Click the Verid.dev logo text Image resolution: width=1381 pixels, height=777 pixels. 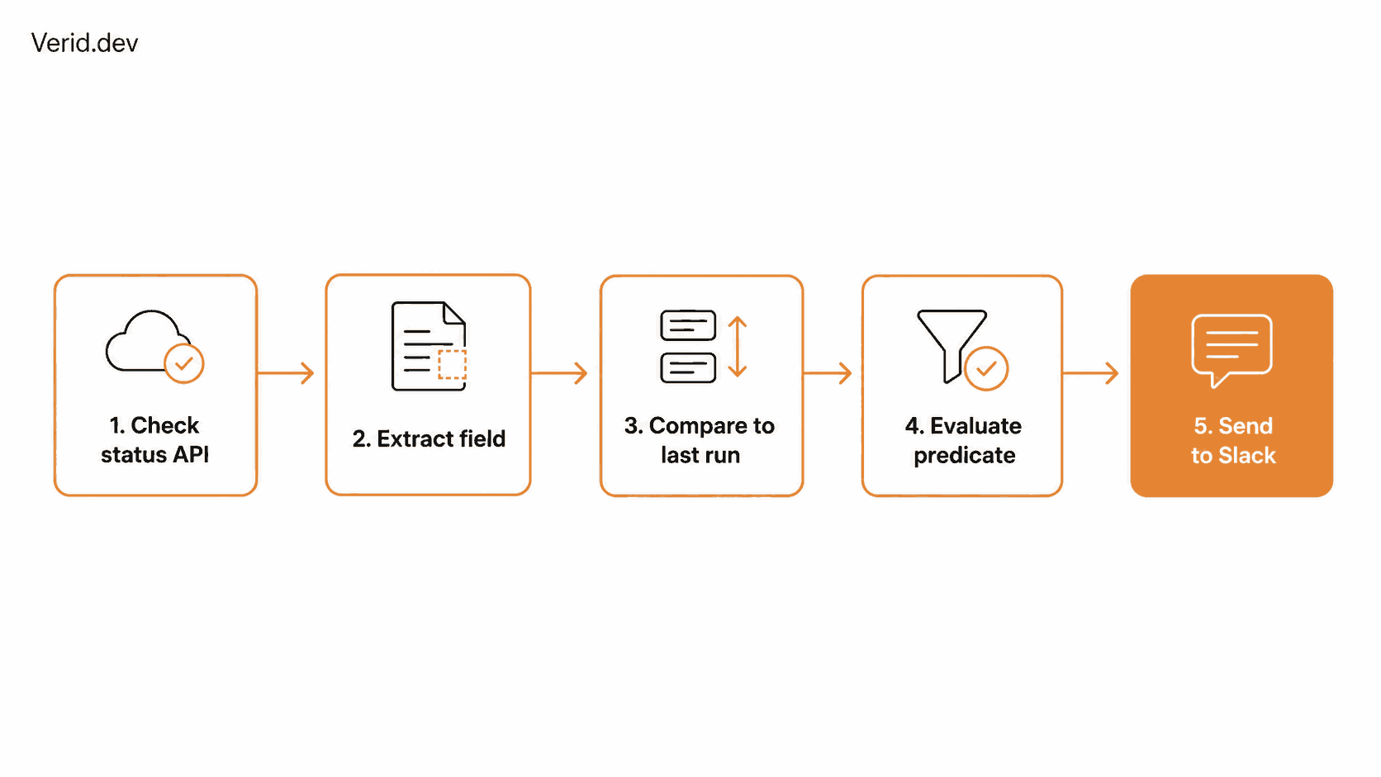coord(84,43)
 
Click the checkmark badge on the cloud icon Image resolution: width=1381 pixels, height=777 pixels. coord(183,363)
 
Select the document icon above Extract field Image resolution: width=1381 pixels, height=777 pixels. coord(429,346)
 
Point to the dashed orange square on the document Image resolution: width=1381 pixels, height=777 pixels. coord(452,363)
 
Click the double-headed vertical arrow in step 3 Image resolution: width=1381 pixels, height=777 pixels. coord(738,346)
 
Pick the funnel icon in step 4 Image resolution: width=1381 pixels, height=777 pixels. coord(952,346)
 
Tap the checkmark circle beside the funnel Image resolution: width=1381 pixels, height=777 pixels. coord(986,368)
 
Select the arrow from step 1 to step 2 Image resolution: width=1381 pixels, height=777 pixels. coord(286,372)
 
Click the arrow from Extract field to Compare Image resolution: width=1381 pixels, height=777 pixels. coord(559,372)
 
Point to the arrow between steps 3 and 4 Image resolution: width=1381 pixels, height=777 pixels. coord(828,372)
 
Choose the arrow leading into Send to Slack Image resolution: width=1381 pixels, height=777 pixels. coord(1090,372)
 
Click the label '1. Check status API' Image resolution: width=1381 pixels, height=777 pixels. coord(154,440)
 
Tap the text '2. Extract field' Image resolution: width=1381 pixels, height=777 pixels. coord(429,438)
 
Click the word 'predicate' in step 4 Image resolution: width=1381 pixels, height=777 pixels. coord(964,456)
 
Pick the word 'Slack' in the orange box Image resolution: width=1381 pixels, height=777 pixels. coord(1246,455)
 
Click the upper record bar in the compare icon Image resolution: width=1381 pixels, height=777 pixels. coord(688,325)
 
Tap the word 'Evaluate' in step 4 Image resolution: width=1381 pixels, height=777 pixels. coord(975,426)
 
